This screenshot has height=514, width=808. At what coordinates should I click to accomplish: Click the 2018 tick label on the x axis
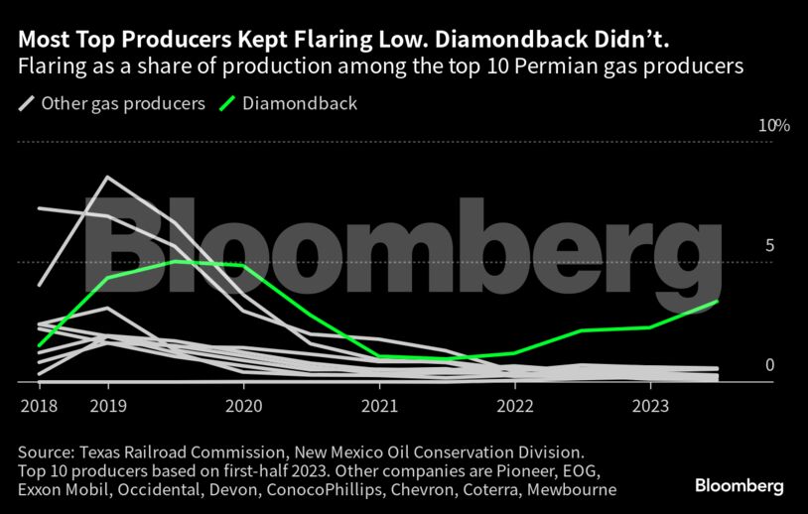point(37,406)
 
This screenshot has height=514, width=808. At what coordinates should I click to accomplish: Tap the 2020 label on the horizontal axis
point(244,406)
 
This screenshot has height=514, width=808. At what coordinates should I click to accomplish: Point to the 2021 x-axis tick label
point(380,406)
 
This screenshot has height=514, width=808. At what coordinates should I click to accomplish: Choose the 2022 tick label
point(515,406)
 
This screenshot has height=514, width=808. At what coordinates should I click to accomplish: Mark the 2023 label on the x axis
point(650,406)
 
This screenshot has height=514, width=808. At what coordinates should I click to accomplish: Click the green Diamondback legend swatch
point(228,103)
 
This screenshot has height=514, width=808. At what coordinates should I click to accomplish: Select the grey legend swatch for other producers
point(27,103)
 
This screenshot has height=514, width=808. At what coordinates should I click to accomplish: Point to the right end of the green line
point(718,301)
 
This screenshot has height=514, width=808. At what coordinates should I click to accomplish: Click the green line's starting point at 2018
point(38,346)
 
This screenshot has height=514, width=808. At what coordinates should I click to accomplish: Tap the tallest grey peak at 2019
point(107,177)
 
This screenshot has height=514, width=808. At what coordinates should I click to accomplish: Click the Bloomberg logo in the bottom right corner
point(739,486)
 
